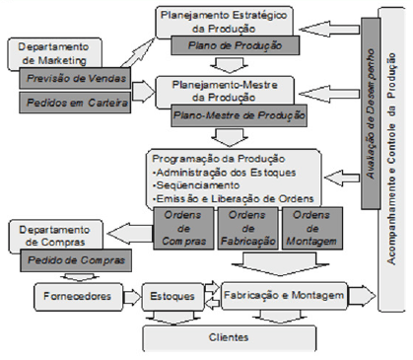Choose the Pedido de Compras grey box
(74, 260)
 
